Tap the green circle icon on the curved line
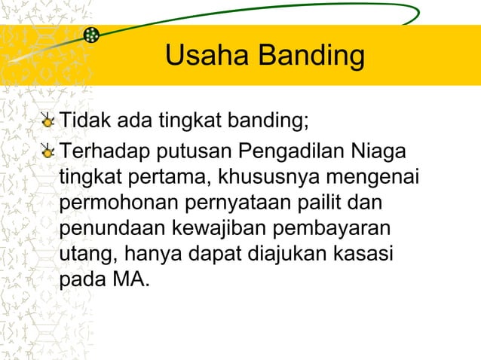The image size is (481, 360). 91,35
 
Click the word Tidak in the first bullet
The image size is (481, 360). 82,121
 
